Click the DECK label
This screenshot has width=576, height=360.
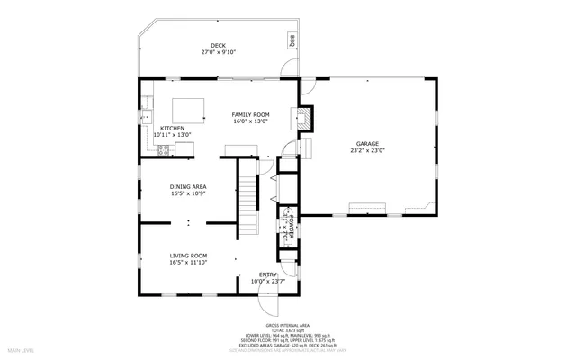[x=218, y=46]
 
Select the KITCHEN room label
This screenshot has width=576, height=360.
[x=173, y=129]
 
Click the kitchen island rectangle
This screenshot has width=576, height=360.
[x=187, y=110]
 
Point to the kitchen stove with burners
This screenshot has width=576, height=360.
[x=164, y=150]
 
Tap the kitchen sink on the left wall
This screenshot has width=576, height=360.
[x=148, y=114]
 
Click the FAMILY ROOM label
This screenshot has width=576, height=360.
[x=250, y=115]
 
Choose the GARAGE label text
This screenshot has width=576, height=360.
[x=366, y=144]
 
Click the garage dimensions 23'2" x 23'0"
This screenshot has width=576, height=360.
[x=366, y=150]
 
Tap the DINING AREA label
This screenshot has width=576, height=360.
[x=188, y=187]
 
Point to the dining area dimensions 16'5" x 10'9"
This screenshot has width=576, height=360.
[x=188, y=193]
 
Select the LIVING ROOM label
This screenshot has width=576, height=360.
[x=188, y=256]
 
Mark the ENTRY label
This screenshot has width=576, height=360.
[x=269, y=275]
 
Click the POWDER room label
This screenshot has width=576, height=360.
[x=291, y=225]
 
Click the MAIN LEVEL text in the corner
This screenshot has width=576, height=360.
[x=21, y=349]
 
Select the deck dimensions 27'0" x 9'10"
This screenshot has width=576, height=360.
[x=218, y=52]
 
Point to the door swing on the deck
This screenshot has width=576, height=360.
[x=289, y=67]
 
